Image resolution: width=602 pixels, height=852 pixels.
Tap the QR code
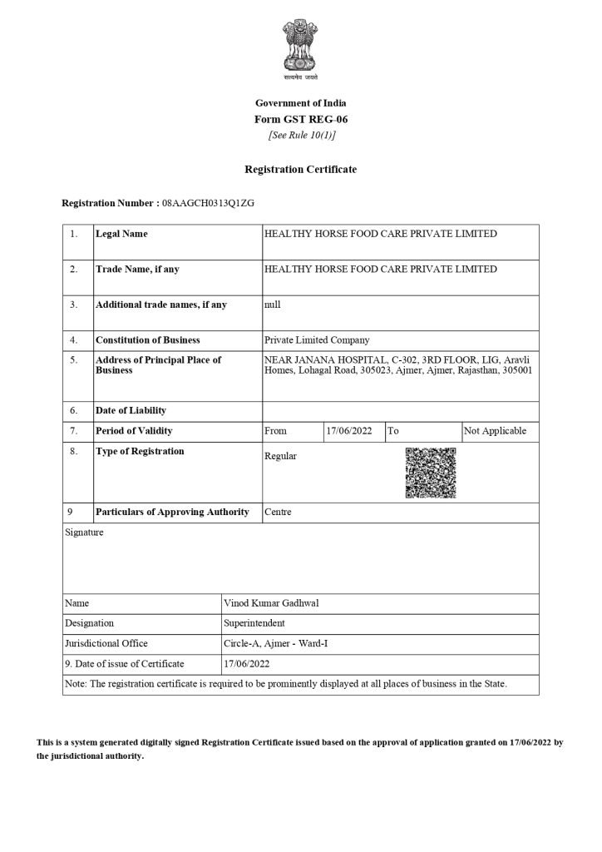click(430, 473)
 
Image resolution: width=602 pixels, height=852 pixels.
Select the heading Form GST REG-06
click(300, 119)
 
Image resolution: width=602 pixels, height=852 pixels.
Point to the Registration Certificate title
click(300, 169)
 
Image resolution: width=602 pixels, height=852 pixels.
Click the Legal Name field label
click(121, 234)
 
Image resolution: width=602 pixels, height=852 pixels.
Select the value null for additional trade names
click(272, 305)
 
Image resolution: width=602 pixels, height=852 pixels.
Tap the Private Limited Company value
click(316, 340)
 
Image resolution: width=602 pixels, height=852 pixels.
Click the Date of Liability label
click(131, 410)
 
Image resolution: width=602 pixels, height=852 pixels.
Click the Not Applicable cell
click(496, 431)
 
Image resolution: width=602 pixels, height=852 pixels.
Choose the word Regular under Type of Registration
click(280, 456)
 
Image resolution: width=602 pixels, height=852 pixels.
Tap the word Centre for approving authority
click(278, 512)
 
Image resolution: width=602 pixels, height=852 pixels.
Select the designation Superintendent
click(254, 622)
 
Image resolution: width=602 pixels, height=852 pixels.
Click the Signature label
click(84, 532)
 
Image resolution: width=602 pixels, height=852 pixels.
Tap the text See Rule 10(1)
click(300, 135)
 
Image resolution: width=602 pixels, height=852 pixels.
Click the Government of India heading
click(300, 102)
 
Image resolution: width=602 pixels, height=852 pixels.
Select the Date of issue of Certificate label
click(124, 664)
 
